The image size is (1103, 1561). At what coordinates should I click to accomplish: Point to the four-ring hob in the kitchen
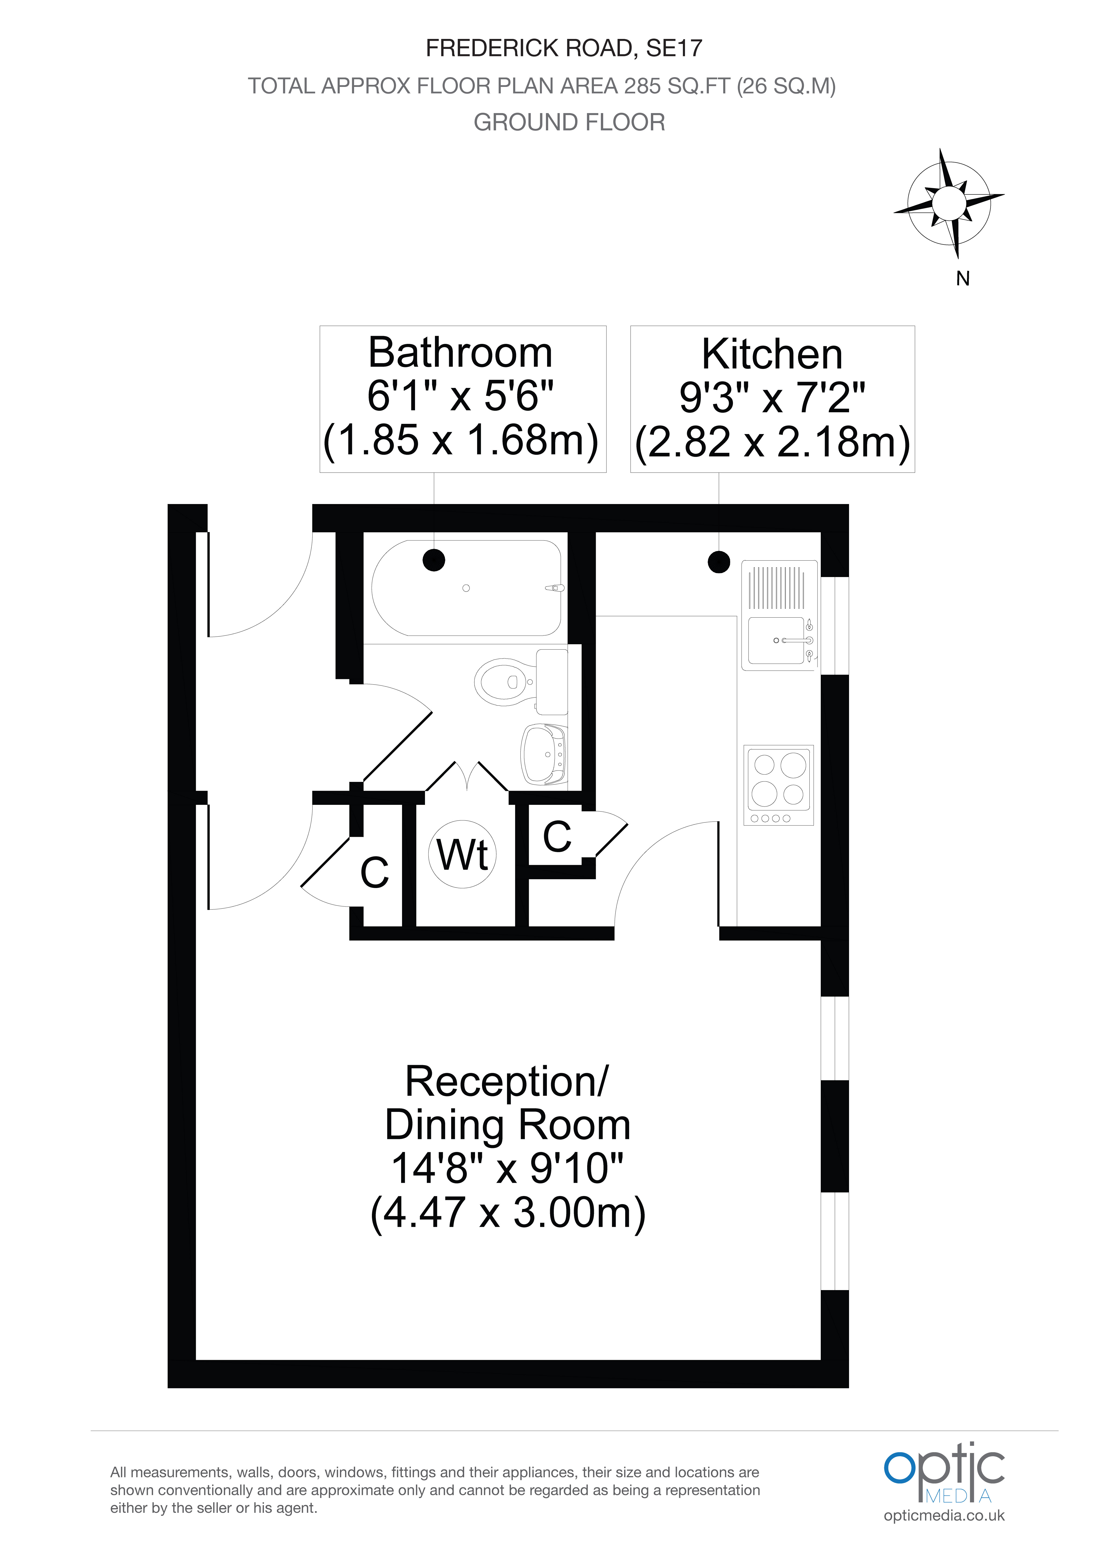779,785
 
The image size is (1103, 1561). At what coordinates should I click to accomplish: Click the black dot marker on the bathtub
434,560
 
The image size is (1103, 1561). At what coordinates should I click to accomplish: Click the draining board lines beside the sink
777,587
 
